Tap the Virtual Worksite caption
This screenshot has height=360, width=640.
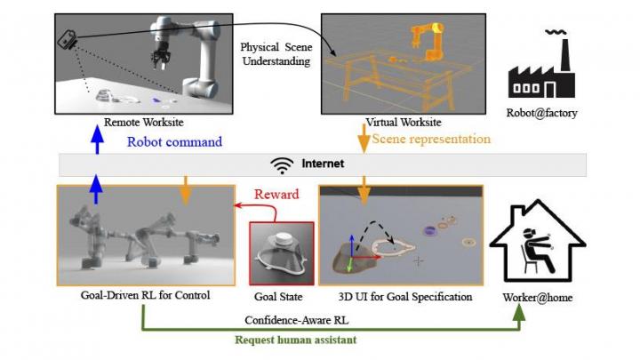(x=402, y=121)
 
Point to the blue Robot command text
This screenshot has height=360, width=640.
(x=174, y=141)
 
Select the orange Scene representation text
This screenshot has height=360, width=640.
(x=431, y=140)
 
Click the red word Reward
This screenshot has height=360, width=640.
(x=277, y=195)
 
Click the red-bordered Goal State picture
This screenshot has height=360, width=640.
(x=281, y=253)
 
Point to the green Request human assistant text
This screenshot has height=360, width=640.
(x=302, y=339)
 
